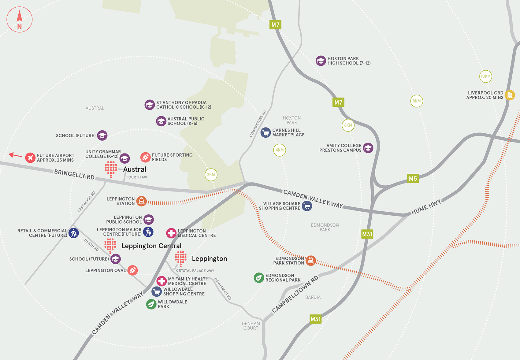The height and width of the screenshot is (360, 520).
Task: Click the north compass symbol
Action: [20, 20]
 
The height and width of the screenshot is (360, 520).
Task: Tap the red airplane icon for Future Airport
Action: [30, 158]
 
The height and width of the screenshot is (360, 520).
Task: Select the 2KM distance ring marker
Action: [211, 175]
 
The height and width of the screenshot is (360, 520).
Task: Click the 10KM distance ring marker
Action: [485, 76]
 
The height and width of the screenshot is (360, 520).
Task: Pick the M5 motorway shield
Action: [413, 179]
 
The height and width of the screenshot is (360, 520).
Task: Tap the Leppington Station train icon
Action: [141, 201]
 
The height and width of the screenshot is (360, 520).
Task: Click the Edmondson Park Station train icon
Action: [311, 261]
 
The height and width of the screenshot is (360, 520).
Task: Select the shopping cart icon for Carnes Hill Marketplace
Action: [266, 132]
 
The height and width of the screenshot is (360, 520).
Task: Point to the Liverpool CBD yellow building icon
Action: [510, 95]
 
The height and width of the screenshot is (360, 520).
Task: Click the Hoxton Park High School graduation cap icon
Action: [321, 61]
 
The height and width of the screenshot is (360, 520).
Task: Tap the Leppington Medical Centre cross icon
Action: [171, 233]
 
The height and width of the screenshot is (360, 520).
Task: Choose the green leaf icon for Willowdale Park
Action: [151, 304]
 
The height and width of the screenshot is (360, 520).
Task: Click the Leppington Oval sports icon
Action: [132, 270]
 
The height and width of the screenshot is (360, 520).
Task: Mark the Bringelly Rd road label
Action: [74, 174]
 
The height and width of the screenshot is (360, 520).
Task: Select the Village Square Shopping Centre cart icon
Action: [307, 206]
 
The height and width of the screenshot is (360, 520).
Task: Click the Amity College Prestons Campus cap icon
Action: [368, 148]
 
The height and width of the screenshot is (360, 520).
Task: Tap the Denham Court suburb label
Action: [251, 326]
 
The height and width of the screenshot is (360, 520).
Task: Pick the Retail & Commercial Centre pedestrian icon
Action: [73, 233]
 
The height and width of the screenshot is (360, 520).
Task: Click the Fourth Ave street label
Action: [137, 177]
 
